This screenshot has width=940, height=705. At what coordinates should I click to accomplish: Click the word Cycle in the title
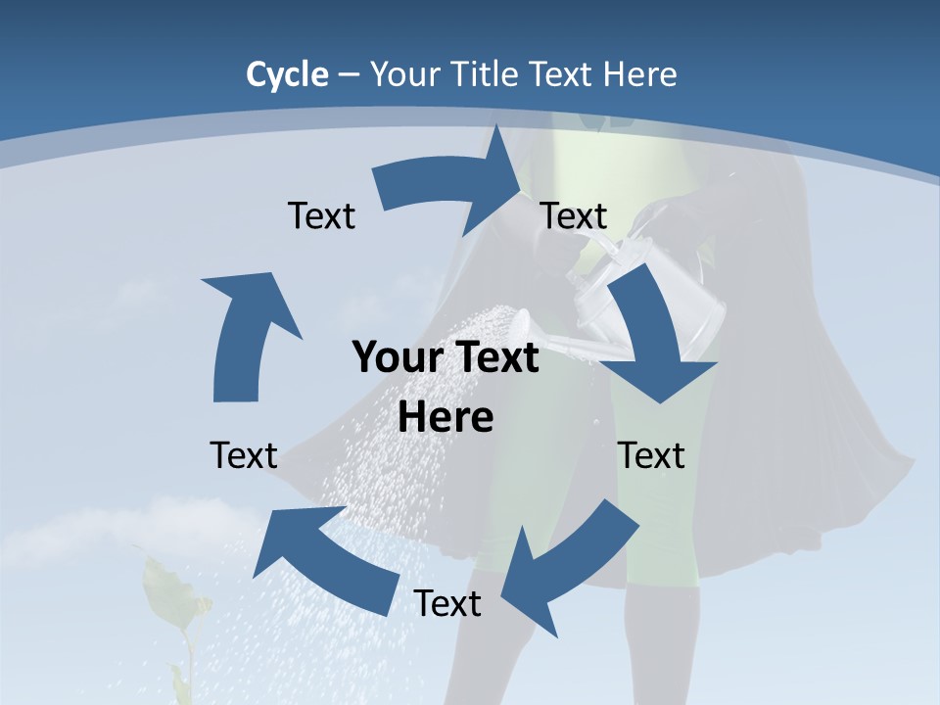coord(287,74)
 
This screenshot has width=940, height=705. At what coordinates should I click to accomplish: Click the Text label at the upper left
coord(321,216)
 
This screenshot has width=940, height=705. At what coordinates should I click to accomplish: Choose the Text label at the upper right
coord(574,216)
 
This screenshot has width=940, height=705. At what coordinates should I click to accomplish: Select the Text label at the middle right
coord(651,456)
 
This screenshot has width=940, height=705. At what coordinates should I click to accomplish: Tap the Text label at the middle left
coord(244,456)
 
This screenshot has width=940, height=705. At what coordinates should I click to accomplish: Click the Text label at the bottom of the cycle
coord(447,604)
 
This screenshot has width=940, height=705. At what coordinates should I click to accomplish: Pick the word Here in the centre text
coord(446,418)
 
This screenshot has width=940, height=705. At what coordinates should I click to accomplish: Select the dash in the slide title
coord(349,74)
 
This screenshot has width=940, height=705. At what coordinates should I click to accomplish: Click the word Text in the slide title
coord(561,74)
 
